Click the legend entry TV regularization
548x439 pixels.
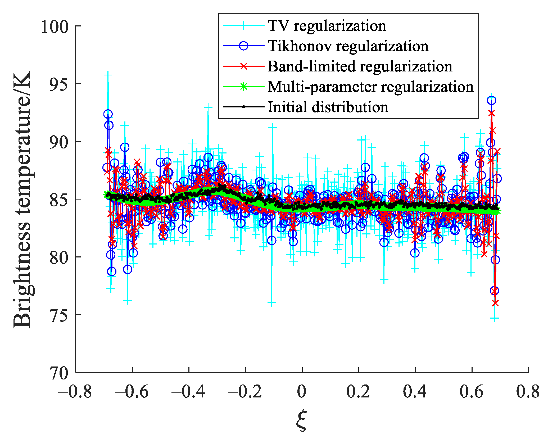(327, 26)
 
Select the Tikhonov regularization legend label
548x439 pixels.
(348, 46)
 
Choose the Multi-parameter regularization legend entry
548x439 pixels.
(370, 87)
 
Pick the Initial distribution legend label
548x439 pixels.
(328, 107)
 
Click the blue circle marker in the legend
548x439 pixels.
(244, 46)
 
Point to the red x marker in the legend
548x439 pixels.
(244, 66)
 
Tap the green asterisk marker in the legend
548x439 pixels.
(244, 87)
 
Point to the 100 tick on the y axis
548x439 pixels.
(55, 26)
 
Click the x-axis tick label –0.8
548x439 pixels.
(75, 391)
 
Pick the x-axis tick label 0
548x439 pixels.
(302, 391)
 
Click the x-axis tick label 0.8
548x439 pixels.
(528, 391)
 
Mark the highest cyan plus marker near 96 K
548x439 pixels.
(108, 75)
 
